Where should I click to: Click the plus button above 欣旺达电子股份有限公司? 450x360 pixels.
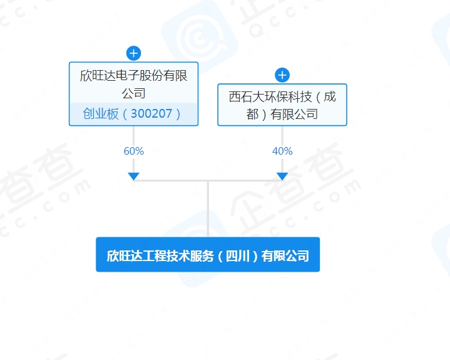point(133,53)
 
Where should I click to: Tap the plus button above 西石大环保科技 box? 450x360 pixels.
point(282,75)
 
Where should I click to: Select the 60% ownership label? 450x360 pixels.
point(134,151)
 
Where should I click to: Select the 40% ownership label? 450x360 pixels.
point(282,151)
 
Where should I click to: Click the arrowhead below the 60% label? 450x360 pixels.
point(133,177)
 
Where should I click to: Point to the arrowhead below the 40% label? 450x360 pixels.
point(282,177)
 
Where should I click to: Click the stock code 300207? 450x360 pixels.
point(151,114)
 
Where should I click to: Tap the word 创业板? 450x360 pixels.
point(100,114)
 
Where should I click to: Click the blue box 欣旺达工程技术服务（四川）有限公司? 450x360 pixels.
point(208,254)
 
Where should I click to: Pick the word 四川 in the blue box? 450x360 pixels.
point(238,256)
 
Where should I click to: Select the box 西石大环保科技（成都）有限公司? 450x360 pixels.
point(282,105)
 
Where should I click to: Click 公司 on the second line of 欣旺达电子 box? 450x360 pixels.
point(133,93)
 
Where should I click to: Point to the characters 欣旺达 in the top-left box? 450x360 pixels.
point(98,76)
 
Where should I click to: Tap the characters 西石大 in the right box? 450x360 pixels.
point(247,97)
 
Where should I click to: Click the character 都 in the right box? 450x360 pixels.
point(252,114)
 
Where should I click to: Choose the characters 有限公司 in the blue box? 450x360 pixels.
point(285,256)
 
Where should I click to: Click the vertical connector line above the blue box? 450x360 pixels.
point(208,209)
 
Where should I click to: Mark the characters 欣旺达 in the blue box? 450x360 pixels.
point(125,256)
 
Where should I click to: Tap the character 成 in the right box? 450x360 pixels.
point(330,97)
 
